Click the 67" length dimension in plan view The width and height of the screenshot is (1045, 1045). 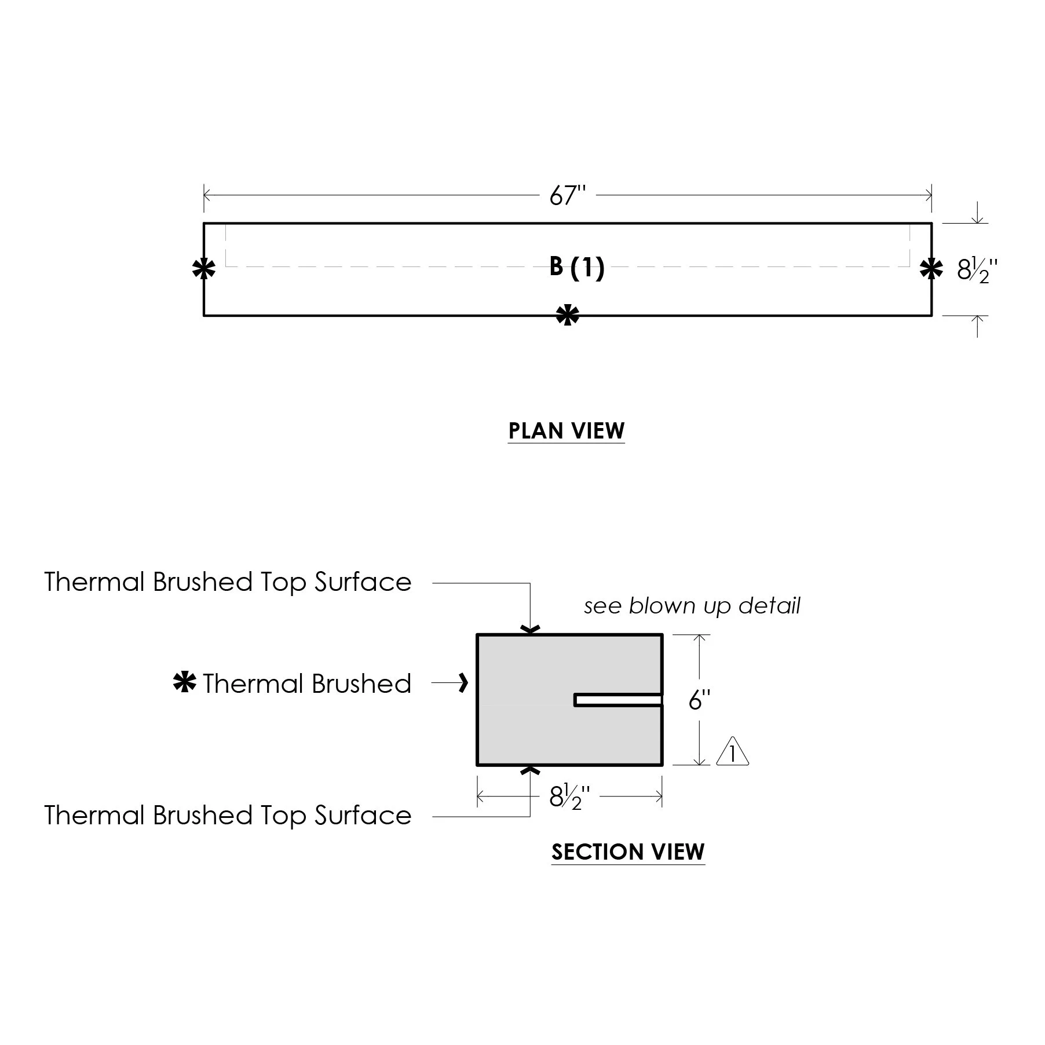click(568, 196)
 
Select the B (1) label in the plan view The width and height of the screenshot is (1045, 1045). click(577, 268)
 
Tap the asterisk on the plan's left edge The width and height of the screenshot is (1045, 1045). click(203, 269)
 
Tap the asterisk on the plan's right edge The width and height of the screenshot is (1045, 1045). click(931, 269)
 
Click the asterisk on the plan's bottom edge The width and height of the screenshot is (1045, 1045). click(567, 316)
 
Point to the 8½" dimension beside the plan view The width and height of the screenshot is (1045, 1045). click(977, 270)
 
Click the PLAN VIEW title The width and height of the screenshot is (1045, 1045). click(567, 431)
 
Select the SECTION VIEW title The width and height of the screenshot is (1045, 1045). click(628, 852)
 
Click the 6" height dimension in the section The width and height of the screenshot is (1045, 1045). click(699, 700)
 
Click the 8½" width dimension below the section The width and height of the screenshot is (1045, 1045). click(569, 798)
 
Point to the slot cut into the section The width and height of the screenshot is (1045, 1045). click(618, 700)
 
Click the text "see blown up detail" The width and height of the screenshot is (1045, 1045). click(692, 606)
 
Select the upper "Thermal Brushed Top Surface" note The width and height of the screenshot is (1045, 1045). click(228, 582)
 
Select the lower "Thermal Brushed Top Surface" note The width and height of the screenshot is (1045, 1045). click(228, 816)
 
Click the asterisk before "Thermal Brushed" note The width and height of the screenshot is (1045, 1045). click(185, 683)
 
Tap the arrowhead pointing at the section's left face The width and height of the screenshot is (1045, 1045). click(463, 684)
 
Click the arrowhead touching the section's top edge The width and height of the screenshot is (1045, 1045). click(531, 629)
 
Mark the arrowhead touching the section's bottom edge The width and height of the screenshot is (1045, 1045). click(531, 770)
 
